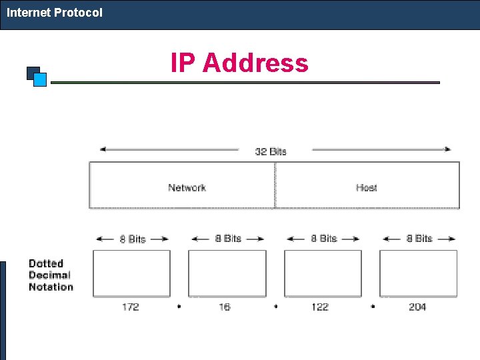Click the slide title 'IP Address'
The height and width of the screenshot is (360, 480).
click(x=239, y=63)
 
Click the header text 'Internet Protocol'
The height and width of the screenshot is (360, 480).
click(x=55, y=13)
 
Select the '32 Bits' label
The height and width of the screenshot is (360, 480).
click(x=271, y=151)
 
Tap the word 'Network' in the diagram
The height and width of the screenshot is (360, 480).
click(x=187, y=188)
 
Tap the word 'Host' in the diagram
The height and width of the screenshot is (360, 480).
click(x=366, y=188)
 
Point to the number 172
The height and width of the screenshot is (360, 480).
click(x=131, y=307)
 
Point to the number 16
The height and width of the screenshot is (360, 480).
click(x=225, y=307)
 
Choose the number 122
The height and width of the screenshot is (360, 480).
click(x=320, y=307)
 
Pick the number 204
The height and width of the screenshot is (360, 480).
click(x=417, y=307)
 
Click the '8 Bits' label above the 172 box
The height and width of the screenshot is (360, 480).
click(x=132, y=239)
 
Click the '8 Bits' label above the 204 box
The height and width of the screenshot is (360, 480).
click(x=419, y=238)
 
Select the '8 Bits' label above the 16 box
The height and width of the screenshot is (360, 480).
click(x=228, y=238)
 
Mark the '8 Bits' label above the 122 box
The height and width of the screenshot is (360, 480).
click(x=324, y=238)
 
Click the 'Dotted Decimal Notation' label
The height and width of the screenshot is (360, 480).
click(x=51, y=275)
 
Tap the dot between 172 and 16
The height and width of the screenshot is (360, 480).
click(x=179, y=307)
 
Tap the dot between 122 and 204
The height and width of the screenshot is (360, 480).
click(x=373, y=307)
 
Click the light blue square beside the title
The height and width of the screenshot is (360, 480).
click(x=40, y=80)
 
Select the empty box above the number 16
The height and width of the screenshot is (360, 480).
click(x=227, y=273)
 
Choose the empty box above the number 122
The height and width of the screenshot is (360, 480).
click(x=323, y=273)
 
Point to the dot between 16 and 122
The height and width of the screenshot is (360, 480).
click(x=276, y=307)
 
